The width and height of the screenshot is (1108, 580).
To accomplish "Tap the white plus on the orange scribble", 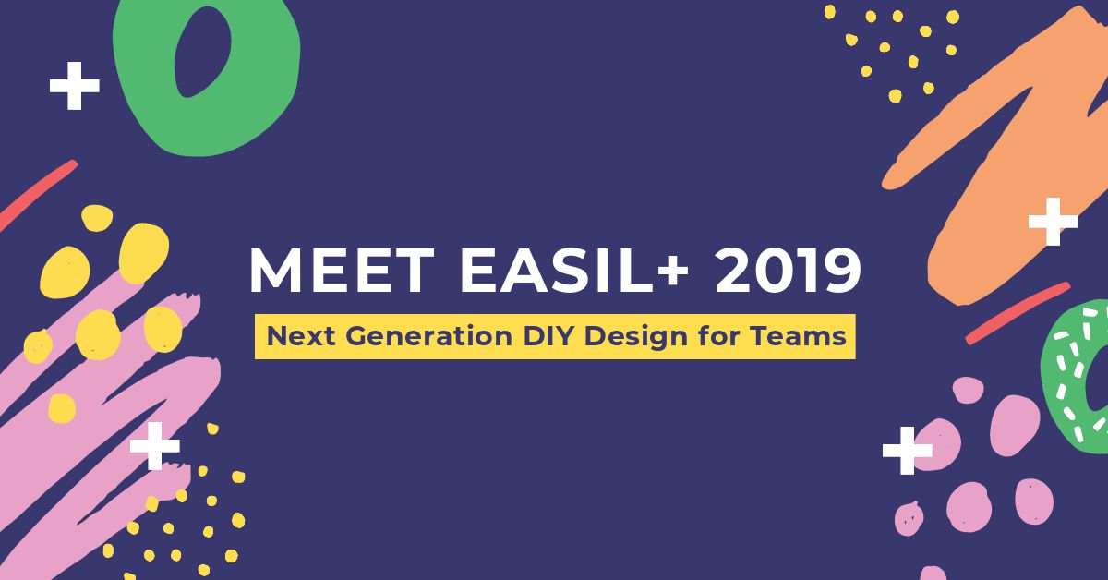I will [x=1053, y=223].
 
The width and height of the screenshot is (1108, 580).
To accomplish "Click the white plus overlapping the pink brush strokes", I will [x=154, y=447].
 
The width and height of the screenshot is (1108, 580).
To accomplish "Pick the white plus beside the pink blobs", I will [x=907, y=451].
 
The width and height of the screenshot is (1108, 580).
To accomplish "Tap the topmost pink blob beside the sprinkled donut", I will [x=968, y=389].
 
